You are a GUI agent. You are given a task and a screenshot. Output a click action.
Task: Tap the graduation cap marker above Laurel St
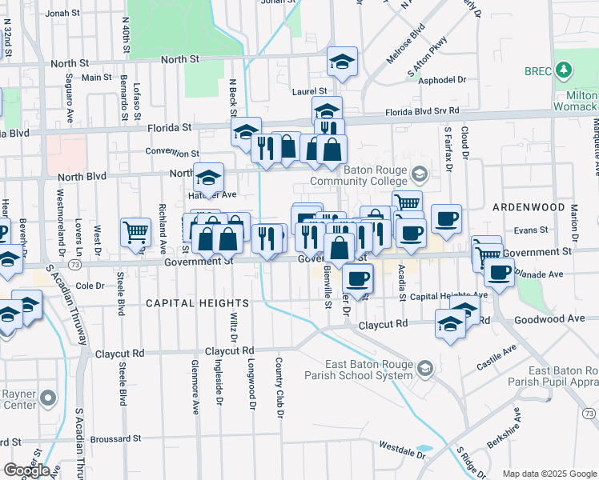click(x=343, y=62)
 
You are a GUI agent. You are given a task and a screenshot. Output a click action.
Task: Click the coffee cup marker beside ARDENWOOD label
click(x=446, y=218)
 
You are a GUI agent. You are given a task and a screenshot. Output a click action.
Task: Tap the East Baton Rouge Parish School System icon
click(x=424, y=368)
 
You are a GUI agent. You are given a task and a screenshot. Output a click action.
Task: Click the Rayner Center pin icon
click(x=49, y=398)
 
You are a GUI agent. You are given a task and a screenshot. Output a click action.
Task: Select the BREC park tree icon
click(x=565, y=71)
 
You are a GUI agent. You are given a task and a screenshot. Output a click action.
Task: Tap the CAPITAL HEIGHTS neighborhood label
click(x=198, y=303)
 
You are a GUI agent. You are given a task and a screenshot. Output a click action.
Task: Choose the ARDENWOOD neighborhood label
click(x=529, y=206)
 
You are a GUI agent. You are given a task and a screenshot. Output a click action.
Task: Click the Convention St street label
click(x=172, y=152)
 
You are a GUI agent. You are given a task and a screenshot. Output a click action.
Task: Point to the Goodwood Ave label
click(x=554, y=318)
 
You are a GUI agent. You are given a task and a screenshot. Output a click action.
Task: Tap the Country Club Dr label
click(x=280, y=388)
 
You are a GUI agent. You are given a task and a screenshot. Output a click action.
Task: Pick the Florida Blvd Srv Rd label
click(x=422, y=112)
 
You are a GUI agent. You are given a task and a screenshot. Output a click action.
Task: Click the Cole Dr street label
click(x=90, y=285)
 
